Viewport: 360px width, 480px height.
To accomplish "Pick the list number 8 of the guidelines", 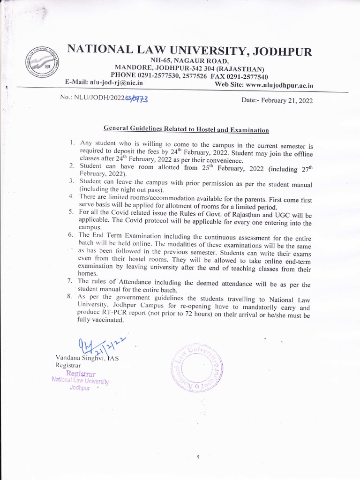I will (70, 297).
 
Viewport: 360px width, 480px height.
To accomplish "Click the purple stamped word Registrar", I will (81, 374).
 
